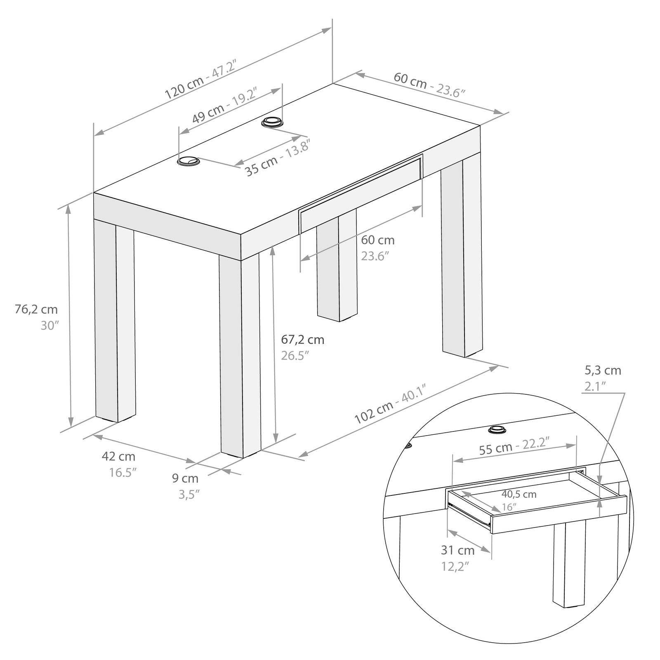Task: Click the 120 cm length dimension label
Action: pos(184,89)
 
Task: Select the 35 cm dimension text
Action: pos(262,163)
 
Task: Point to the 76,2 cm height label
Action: pos(36,309)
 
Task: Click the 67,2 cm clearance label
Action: pos(303,340)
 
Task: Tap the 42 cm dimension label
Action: pos(118,457)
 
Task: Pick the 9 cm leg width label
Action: pos(185,478)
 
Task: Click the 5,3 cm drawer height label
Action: pos(603,370)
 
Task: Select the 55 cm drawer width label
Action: pos(496,448)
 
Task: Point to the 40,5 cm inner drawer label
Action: pos(519,494)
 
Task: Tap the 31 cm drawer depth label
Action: pos(458,550)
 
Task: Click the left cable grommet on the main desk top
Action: pos(188,161)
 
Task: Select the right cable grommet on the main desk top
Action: pos(272,123)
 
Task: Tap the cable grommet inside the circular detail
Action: pos(497,430)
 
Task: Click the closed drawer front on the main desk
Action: pos(361,193)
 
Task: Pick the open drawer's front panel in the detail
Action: pos(559,514)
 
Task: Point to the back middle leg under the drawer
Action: pos(337,265)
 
